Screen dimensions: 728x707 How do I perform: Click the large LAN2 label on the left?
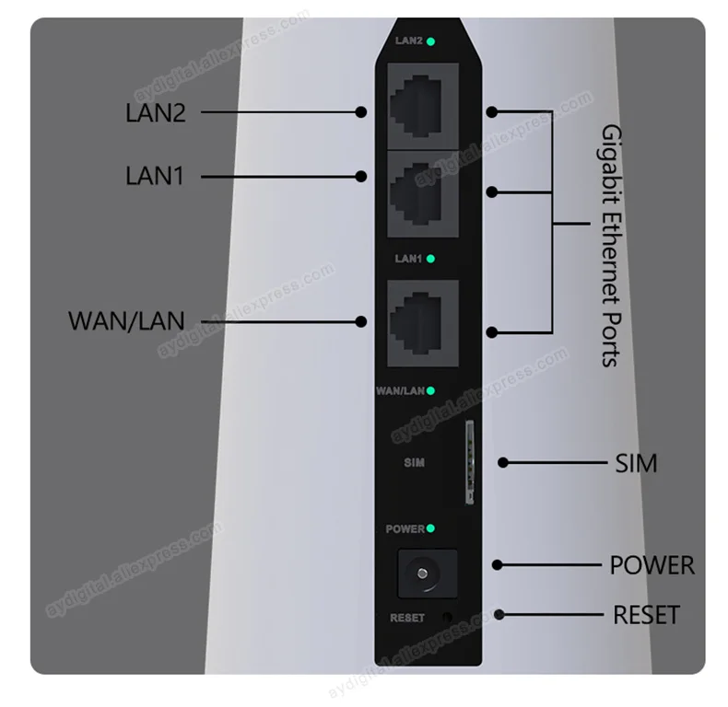[x=156, y=113]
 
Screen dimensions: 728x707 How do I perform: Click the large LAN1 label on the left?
[x=156, y=175]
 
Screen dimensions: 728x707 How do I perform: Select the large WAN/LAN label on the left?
[x=126, y=321]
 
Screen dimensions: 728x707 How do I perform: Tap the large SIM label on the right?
[x=636, y=463]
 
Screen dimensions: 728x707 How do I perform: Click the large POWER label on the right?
[x=652, y=564]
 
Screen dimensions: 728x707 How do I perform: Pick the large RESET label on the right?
[x=646, y=614]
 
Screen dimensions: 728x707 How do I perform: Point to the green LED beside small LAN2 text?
[x=431, y=41]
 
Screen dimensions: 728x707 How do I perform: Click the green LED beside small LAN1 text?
[x=431, y=259]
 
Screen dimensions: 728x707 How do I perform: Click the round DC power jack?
[x=427, y=575]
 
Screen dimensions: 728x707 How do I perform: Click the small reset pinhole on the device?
[x=449, y=618]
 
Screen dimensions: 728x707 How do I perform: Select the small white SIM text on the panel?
[x=414, y=462]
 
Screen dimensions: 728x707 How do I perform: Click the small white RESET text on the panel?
[x=407, y=618]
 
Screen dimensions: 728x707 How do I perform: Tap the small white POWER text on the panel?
[x=405, y=529]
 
